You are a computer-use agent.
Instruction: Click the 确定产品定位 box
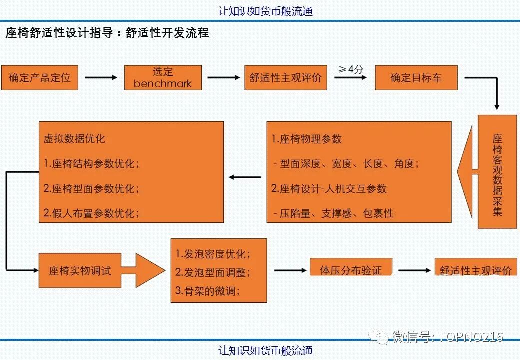pos(40,78)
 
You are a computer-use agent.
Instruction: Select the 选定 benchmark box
pos(163,78)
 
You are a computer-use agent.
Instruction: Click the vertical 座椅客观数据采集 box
pos(497,172)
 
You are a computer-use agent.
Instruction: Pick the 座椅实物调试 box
pos(80,271)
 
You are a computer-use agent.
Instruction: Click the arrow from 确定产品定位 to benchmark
pos(101,78)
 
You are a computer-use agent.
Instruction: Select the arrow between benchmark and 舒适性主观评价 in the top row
pos(223,78)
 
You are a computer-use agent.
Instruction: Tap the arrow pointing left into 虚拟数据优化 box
pos(245,177)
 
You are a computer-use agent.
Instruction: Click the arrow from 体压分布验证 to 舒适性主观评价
pos(414,270)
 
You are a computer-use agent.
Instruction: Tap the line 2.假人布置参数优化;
pos(91,213)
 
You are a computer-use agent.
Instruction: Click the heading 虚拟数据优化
pos(74,139)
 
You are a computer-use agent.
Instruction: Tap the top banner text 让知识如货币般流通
pos(265,11)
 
